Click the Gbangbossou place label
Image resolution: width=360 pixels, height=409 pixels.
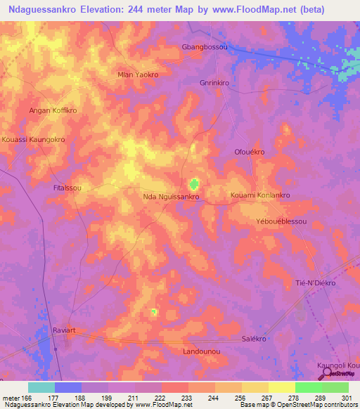[205, 46]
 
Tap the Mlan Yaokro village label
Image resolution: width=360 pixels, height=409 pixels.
[138, 74]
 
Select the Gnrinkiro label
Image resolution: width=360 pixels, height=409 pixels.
[214, 82]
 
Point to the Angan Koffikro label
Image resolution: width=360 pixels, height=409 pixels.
[53, 111]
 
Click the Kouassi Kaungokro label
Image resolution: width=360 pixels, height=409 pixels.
[33, 139]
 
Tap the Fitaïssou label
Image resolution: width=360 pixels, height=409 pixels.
[67, 188]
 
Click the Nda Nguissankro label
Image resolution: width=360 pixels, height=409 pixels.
[172, 197]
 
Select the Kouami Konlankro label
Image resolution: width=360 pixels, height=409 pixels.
[260, 195]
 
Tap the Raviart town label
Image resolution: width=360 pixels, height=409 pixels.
[63, 328]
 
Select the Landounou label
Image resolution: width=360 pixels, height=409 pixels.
[202, 351]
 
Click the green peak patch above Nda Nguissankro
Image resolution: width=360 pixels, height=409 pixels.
[193, 184]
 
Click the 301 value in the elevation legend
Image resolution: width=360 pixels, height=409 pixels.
[345, 398]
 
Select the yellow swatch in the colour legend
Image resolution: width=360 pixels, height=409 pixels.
[281, 387]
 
